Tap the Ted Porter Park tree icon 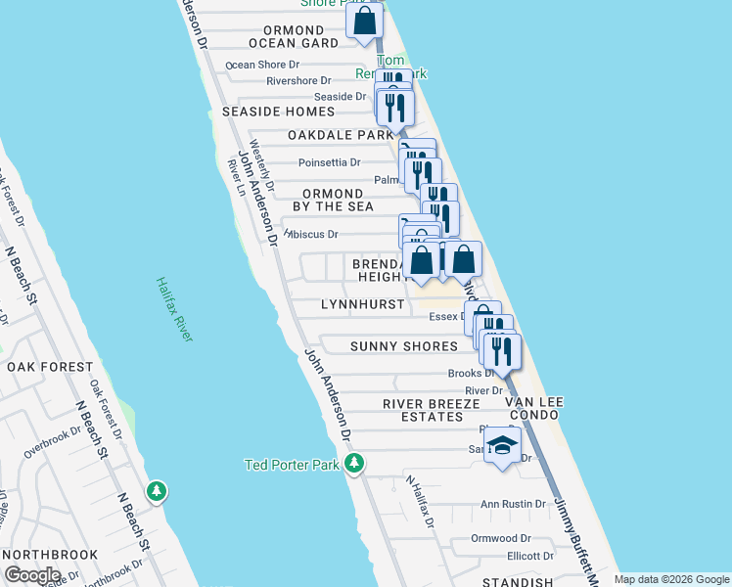(354, 463)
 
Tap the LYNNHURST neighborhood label (363, 305)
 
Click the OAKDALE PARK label (341, 135)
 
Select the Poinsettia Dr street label (329, 162)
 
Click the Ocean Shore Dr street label (261, 66)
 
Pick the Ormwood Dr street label (500, 538)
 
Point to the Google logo (32, 574)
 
